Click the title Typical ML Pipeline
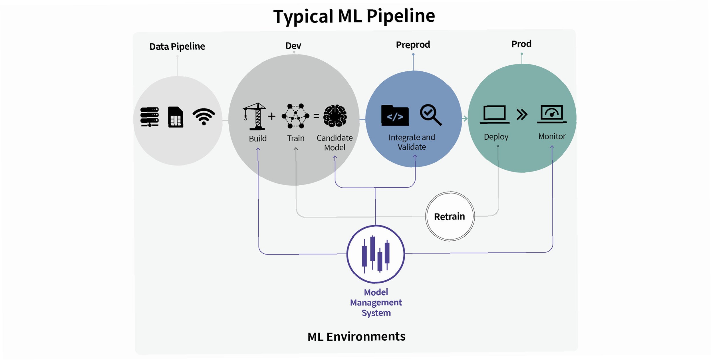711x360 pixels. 354,16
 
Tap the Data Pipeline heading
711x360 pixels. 177,46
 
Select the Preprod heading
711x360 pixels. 413,45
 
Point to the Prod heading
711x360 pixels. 521,44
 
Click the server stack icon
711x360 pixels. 150,117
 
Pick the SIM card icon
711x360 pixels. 176,117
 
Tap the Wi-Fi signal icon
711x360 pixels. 204,116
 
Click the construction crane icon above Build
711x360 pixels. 255,116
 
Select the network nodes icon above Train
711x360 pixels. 295,116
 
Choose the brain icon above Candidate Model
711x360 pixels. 335,116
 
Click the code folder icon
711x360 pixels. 395,115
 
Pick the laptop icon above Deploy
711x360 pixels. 494,114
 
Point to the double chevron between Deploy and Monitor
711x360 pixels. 522,114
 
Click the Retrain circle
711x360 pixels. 450,216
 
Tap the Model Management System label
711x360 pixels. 376,302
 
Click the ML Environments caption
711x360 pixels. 356,337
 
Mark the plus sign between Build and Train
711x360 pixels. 271,116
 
